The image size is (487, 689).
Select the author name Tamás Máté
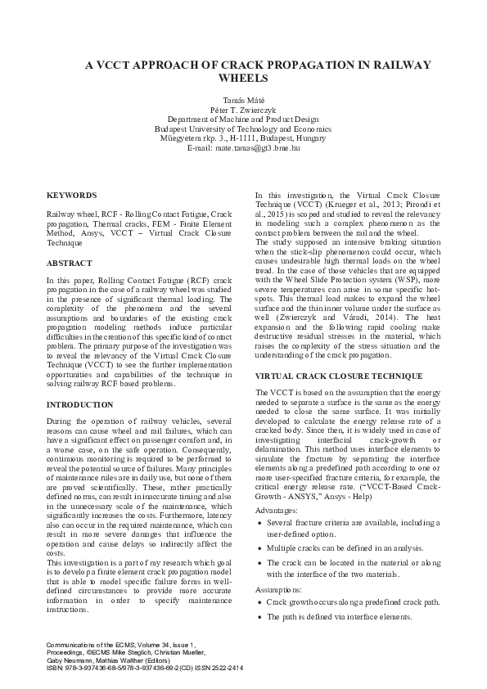coord(243,99)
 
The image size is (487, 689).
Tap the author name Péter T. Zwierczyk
coord(243,109)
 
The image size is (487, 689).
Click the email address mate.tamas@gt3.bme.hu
coord(256,148)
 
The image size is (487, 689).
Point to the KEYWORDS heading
coord(71,196)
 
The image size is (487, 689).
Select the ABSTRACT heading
coord(69,265)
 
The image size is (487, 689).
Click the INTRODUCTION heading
coord(80,405)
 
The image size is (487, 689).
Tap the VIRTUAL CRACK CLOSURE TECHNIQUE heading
coord(339,376)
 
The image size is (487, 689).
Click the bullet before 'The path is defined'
coord(260,616)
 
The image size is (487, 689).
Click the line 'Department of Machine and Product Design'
coord(243,119)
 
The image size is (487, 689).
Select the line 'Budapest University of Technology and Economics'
coord(243,128)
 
